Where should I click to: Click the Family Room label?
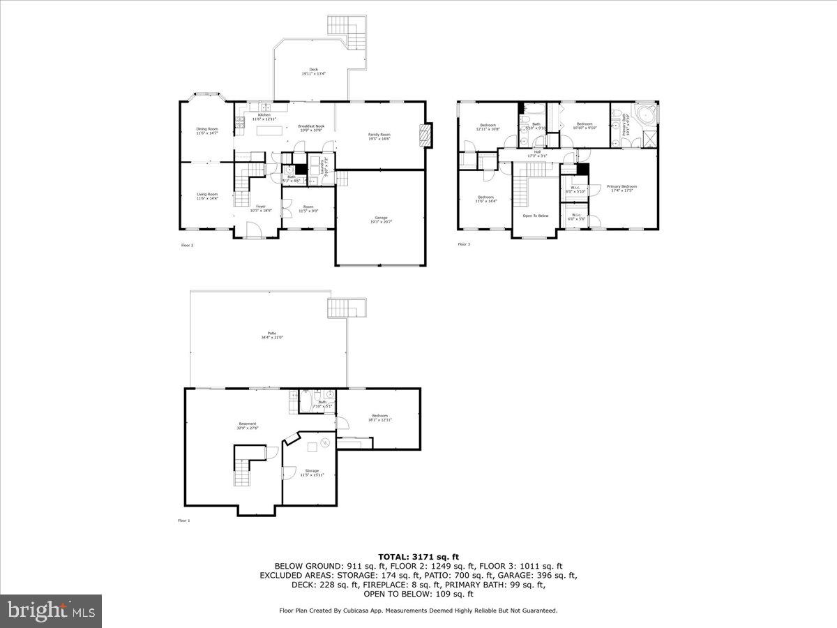(x=379, y=136)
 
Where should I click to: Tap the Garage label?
(x=381, y=219)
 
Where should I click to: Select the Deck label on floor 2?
(x=313, y=70)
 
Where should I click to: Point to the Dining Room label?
(x=207, y=130)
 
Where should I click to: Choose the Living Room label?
(x=207, y=196)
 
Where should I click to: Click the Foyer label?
(x=261, y=208)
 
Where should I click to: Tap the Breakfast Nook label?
(x=311, y=128)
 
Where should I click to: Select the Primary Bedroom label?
(x=621, y=188)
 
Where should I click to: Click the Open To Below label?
(x=536, y=216)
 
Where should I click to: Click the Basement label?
(x=248, y=425)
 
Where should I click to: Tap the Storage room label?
(x=311, y=472)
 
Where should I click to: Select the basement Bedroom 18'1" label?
(x=379, y=417)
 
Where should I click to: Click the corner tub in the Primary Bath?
(x=647, y=114)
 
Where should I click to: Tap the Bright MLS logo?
(x=51, y=611)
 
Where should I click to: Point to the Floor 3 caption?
(x=464, y=244)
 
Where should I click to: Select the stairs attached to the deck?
(x=347, y=28)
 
